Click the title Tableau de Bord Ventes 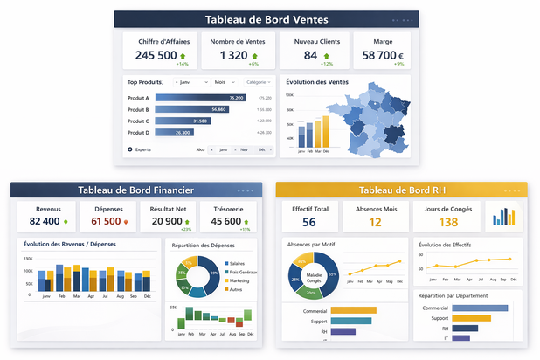point(267,19)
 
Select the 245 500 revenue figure point(156,55)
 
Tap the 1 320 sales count point(233,55)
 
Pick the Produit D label point(139,132)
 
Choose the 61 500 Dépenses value point(106,222)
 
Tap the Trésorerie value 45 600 point(225,222)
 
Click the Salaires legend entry point(238,263)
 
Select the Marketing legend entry point(239,280)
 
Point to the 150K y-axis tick point(27,260)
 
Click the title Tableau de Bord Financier point(135,190)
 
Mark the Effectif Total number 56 point(308,222)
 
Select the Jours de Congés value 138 point(448,222)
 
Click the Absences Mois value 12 point(375,222)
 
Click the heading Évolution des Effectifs point(452,245)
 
